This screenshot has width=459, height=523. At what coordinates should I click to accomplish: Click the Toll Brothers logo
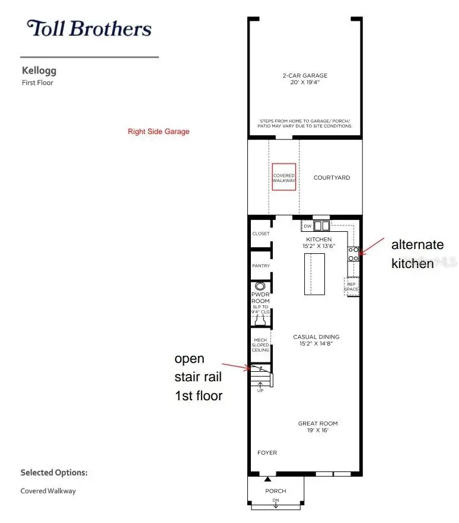pos(89,28)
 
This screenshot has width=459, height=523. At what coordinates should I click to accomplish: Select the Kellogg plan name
pos(39,71)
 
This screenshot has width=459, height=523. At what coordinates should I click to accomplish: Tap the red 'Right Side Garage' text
pos(158,132)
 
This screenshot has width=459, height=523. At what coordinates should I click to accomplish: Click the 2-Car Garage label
pos(305,76)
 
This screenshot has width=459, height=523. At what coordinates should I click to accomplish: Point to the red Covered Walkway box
pos(284,177)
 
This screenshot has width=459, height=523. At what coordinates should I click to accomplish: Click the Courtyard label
pos(332,178)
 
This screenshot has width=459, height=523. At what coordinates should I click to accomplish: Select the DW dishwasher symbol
pos(308,226)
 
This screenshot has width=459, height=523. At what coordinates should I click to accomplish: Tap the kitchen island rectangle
pos(314,273)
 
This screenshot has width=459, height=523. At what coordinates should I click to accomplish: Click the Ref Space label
pos(352,287)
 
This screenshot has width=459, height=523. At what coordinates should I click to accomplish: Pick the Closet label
pos(261,234)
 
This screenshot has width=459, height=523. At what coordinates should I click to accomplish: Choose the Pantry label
pos(261,266)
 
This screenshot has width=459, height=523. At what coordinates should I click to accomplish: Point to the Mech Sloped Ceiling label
pos(260,345)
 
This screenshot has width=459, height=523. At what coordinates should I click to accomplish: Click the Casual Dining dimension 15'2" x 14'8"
pos(316,345)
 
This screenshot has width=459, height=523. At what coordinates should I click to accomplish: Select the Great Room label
pos(317,423)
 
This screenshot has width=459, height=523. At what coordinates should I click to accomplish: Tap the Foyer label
pos(267,453)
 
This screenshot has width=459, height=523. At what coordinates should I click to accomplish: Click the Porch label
pos(276,491)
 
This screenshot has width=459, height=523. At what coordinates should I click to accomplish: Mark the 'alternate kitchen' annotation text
pos(417,254)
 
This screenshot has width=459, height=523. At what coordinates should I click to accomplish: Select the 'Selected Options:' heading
pos(54,473)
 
